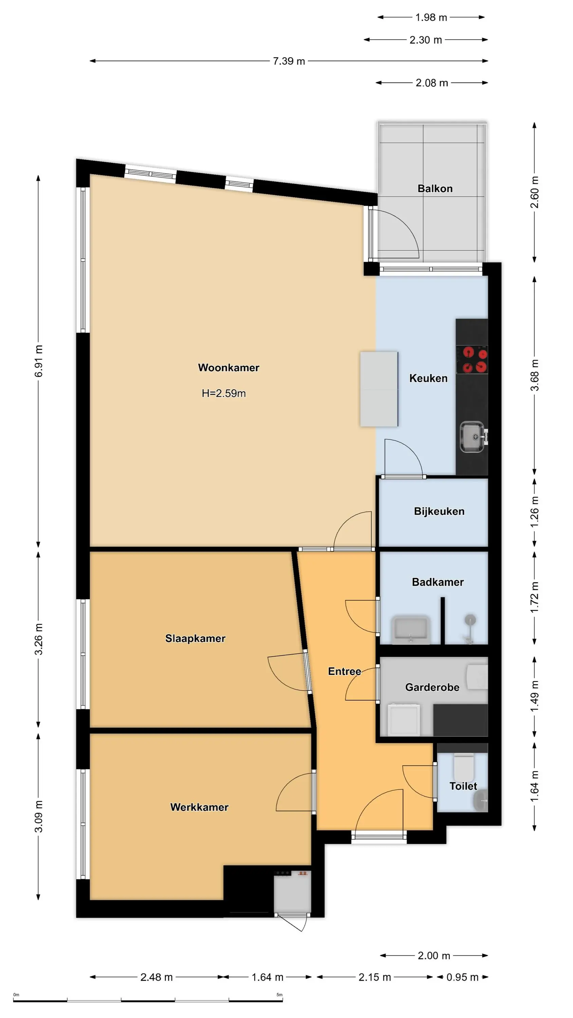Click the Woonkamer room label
pyautogui.click(x=228, y=367)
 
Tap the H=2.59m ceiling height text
pyautogui.click(x=224, y=393)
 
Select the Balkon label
pyautogui.click(x=435, y=189)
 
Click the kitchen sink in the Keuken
pyautogui.click(x=472, y=437)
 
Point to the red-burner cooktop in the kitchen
pyautogui.click(x=472, y=359)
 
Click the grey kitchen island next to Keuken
pyautogui.click(x=379, y=389)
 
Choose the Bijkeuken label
pyautogui.click(x=439, y=511)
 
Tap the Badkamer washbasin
pyautogui.click(x=410, y=629)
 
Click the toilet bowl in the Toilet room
pyautogui.click(x=463, y=767)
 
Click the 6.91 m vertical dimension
pyautogui.click(x=38, y=360)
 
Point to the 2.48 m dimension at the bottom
pyautogui.click(x=156, y=977)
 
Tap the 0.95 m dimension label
pyautogui.click(x=462, y=977)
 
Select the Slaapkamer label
pyautogui.click(x=195, y=638)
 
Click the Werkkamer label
pyautogui.click(x=199, y=807)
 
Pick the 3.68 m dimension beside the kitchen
pyautogui.click(x=534, y=375)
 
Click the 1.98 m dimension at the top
pyautogui.click(x=431, y=17)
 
